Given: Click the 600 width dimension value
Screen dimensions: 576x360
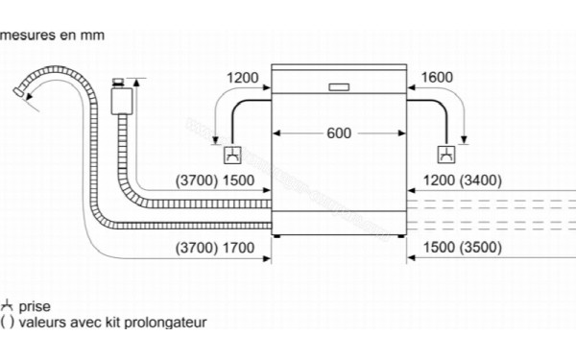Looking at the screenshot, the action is point(339,133).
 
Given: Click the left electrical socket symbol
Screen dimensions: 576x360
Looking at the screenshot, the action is point(232,155).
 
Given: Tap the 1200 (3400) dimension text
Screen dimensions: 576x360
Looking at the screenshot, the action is point(464,180).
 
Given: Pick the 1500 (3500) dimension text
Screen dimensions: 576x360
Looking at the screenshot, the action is point(464,248).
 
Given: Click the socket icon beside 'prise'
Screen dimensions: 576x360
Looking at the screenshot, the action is point(7,306).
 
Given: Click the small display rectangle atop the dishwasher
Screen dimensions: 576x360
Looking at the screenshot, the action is point(339,85).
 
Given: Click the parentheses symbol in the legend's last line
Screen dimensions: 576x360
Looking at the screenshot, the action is point(7,324).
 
